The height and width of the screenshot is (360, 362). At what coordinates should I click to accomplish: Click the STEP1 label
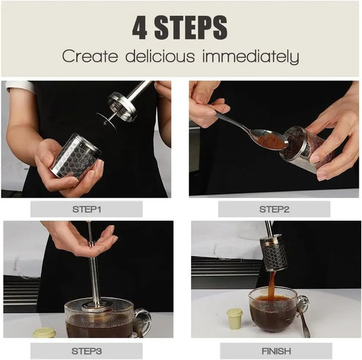(86, 209)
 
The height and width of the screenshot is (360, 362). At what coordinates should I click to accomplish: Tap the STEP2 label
(274, 209)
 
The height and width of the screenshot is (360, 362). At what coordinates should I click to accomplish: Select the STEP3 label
(86, 350)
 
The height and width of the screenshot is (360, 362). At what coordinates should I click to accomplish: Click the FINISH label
(275, 350)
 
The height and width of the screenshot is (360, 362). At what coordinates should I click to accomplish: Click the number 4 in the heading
(139, 27)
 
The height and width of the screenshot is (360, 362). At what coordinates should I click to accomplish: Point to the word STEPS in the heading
(193, 27)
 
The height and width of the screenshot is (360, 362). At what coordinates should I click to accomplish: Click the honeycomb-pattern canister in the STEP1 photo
(76, 157)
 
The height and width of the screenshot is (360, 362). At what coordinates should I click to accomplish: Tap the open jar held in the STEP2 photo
(306, 149)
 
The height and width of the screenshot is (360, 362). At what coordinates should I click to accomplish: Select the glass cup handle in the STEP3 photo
(141, 321)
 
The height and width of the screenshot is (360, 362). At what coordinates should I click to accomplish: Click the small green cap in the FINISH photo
(234, 318)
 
